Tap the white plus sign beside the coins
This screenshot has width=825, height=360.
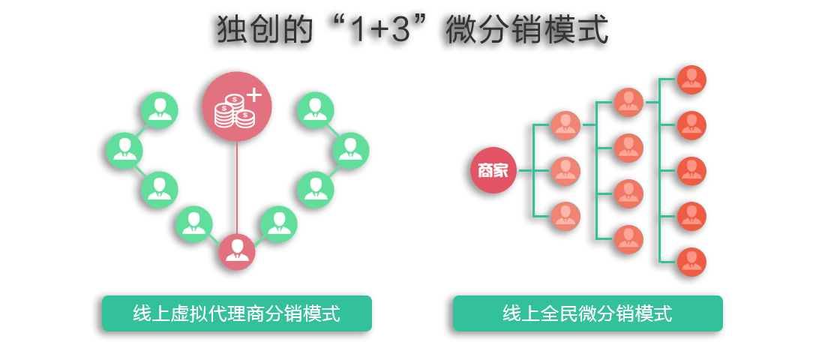click(255, 94)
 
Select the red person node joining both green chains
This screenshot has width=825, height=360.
click(237, 252)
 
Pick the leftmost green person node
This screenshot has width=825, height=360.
click(124, 150)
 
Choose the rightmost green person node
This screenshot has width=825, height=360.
click(351, 150)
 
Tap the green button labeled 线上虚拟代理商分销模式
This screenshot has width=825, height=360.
click(237, 313)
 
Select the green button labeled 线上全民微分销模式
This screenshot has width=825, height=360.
click(587, 313)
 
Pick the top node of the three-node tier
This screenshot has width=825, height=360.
click(566, 125)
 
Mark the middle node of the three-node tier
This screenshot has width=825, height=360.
click(566, 171)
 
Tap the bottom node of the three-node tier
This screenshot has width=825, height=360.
click(566, 216)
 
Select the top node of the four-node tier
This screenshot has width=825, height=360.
click(628, 103)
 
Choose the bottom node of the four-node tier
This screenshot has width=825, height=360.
click(628, 239)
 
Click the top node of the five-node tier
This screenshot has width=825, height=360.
click(691, 79)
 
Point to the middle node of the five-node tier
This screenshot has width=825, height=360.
click(691, 171)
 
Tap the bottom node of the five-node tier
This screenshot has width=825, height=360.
click(691, 262)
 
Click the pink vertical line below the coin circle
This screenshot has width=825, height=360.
click(237, 187)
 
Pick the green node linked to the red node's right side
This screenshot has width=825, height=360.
click(279, 223)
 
